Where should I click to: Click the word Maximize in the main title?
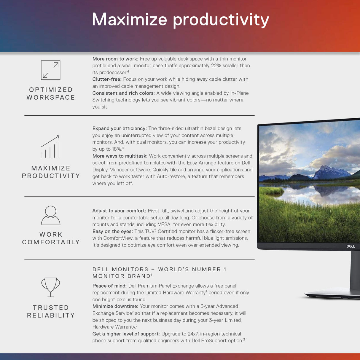[x=130, y=20]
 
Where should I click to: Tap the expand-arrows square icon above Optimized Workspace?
[x=51, y=70]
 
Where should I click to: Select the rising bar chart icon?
[x=50, y=146]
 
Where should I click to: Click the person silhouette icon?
[x=51, y=215]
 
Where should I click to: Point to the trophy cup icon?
[x=51, y=287]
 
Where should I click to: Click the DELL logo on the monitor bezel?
[x=351, y=246]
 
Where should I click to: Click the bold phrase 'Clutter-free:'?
[x=107, y=79]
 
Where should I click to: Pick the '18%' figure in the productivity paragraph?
[x=117, y=149]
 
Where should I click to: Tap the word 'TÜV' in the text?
[x=149, y=231]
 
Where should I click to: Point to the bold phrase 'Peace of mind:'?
[x=109, y=286]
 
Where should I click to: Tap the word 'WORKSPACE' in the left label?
[x=51, y=97]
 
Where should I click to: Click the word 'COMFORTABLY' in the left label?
[x=51, y=242]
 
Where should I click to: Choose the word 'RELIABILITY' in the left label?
[x=51, y=315]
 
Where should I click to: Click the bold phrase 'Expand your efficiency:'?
[x=120, y=128]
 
